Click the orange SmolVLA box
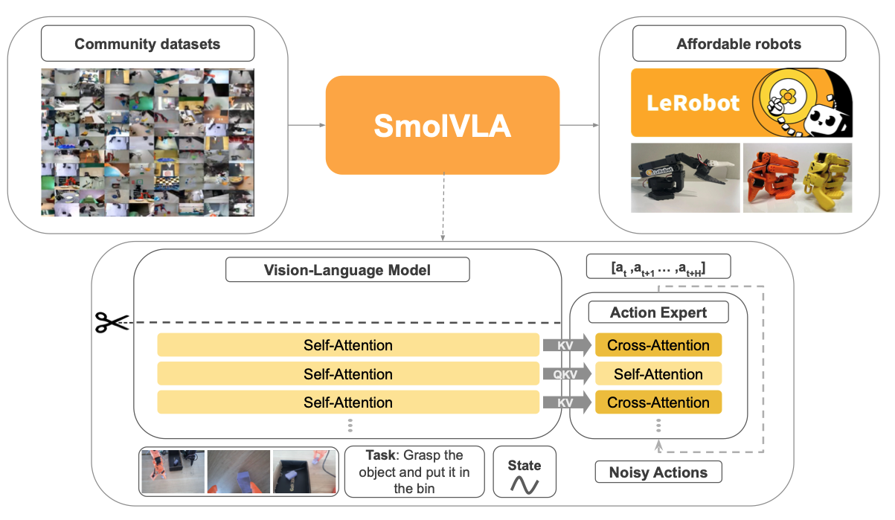(x=442, y=124)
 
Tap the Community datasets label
(x=147, y=44)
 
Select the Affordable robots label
(x=738, y=44)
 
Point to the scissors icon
(x=111, y=322)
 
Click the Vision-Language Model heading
(x=347, y=269)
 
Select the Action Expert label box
(x=658, y=312)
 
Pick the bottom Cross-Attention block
(x=658, y=402)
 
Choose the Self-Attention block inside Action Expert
(x=658, y=374)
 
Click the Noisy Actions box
(x=658, y=472)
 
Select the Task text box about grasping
(x=414, y=472)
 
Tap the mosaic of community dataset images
(x=147, y=141)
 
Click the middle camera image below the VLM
(x=238, y=472)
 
